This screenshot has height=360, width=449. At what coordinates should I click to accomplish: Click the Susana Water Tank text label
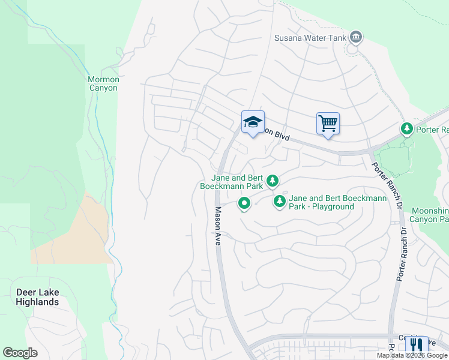click(310, 38)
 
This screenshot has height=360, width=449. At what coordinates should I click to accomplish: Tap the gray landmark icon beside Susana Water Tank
click(357, 38)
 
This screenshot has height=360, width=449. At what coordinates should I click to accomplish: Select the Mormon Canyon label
click(103, 83)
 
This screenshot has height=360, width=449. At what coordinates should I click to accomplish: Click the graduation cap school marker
click(253, 122)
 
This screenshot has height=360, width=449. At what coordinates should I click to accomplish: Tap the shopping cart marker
click(328, 124)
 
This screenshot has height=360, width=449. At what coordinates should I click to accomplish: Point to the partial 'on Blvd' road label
click(278, 136)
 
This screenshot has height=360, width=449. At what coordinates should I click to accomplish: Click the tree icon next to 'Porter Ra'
click(407, 129)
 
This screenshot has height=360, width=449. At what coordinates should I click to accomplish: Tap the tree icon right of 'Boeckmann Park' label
click(273, 180)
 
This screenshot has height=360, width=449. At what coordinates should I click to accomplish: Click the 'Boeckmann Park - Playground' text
click(321, 202)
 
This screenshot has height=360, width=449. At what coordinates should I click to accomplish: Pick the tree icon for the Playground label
click(279, 202)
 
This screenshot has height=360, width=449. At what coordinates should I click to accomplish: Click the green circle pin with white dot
click(244, 204)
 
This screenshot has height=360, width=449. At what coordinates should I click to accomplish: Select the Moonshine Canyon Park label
click(430, 215)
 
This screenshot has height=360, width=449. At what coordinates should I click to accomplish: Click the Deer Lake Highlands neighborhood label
click(37, 297)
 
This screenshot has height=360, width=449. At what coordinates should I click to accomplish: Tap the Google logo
click(20, 353)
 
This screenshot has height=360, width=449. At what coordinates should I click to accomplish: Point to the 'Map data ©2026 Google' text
click(412, 355)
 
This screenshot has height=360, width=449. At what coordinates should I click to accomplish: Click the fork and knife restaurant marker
click(416, 344)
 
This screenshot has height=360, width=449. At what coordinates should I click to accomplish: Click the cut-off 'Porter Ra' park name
click(432, 130)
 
